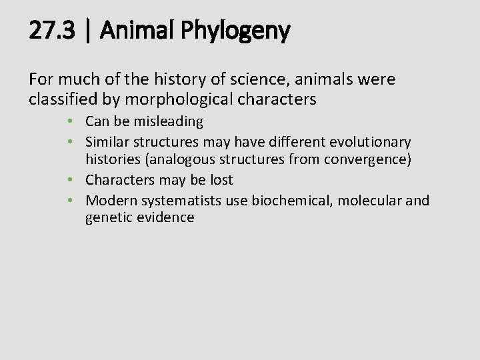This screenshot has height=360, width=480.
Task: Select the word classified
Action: pos(62,100)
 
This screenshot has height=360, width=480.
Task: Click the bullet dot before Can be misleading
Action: pos(78,122)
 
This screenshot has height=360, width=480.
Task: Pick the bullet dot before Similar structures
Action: pos(78,142)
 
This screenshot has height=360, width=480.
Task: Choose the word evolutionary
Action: pos(371,142)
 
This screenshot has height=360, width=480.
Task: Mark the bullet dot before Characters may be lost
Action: pos(78,180)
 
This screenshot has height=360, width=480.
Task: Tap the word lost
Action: pos(220,180)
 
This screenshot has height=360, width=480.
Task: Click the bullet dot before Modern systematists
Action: pos(78,200)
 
